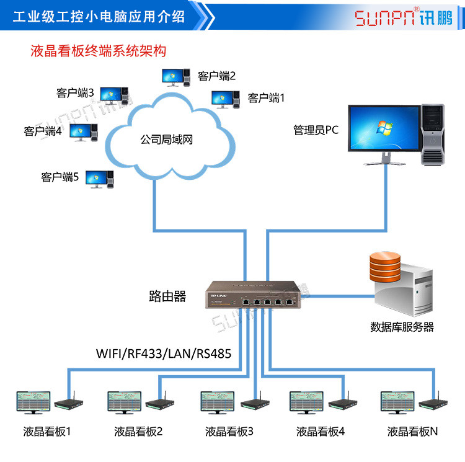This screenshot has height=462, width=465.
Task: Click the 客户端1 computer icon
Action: click(x=225, y=99)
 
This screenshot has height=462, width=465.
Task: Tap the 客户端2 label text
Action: click(x=217, y=76)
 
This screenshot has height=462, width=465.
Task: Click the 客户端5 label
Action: click(x=60, y=177)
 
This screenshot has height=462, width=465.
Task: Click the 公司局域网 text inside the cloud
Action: click(x=167, y=140)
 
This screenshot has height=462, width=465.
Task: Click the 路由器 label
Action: click(x=168, y=296)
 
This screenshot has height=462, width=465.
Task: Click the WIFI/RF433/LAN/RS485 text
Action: click(x=164, y=354)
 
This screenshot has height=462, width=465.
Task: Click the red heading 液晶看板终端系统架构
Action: click(x=98, y=50)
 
